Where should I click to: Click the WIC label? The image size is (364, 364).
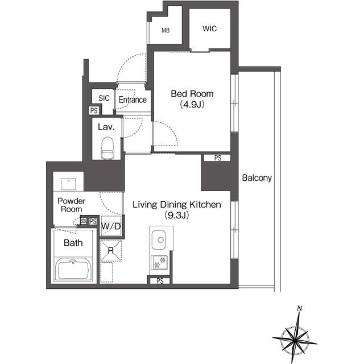click(x=209, y=28)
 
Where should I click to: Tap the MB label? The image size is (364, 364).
click(x=166, y=31)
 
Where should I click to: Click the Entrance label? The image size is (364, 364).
click(x=133, y=100)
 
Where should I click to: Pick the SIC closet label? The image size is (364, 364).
click(x=104, y=98)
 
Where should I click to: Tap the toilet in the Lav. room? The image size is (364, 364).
click(x=106, y=149)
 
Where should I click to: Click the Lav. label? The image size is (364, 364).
click(x=106, y=127)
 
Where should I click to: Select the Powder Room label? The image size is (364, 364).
click(x=72, y=205)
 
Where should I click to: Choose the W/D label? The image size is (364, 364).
click(x=111, y=227)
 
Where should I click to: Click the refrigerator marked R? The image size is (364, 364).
click(x=111, y=251)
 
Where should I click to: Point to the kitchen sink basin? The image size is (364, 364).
click(x=159, y=240)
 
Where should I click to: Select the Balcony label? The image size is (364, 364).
click(x=257, y=178)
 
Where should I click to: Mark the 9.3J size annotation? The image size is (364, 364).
click(x=176, y=215)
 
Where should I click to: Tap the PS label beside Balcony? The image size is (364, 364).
click(x=217, y=158)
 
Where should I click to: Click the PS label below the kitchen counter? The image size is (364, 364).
click(x=160, y=280)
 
